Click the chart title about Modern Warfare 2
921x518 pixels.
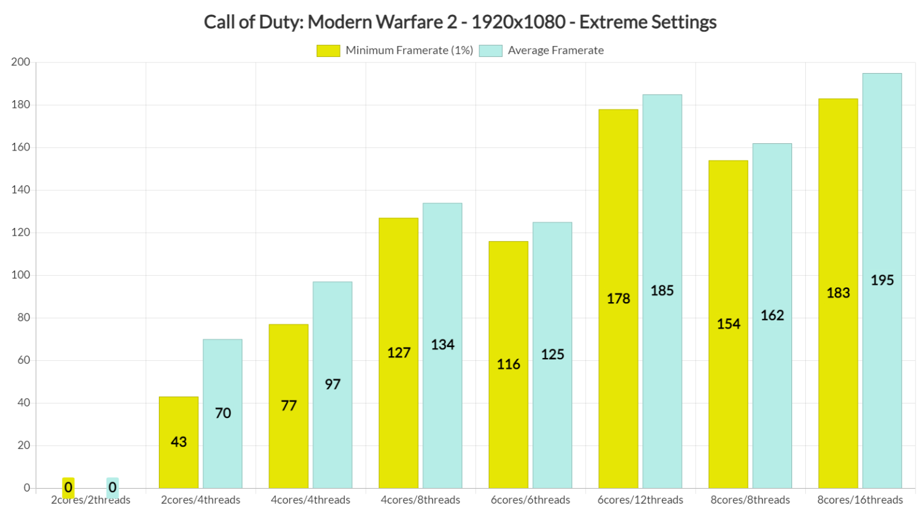[x=460, y=22]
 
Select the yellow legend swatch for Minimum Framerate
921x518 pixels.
[x=328, y=51]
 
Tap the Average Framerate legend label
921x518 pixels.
[x=555, y=51]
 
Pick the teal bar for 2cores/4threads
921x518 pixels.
[x=222, y=414]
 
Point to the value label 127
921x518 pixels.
[x=399, y=353]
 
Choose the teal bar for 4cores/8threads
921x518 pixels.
[x=443, y=345]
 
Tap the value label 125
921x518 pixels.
[x=552, y=354]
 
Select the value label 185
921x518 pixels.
[x=662, y=291]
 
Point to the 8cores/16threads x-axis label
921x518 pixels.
[x=860, y=500]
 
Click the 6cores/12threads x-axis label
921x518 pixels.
[x=640, y=500]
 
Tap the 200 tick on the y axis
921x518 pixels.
[x=21, y=62]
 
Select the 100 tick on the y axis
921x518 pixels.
[x=21, y=275]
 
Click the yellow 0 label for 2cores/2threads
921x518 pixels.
[x=68, y=487]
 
